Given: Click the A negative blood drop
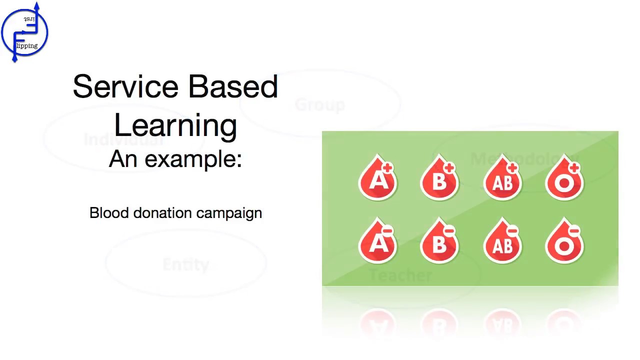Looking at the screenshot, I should tap(378, 242).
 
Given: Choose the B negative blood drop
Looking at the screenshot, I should tap(439, 242).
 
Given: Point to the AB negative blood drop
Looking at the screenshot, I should tap(502, 242).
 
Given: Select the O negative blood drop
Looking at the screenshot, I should tap(564, 242).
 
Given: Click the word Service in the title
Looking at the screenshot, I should tap(126, 86).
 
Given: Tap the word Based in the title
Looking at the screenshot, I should tap(233, 86).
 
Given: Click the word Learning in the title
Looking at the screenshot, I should tap(175, 124).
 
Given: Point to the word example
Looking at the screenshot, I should tap(193, 159).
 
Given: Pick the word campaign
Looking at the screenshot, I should tap(229, 213).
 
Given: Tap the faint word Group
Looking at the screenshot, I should tap(319, 105).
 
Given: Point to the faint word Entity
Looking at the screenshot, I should tap(185, 264).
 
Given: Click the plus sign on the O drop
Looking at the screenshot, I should tap(574, 168).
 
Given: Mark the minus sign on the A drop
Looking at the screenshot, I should tap(387, 231).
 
